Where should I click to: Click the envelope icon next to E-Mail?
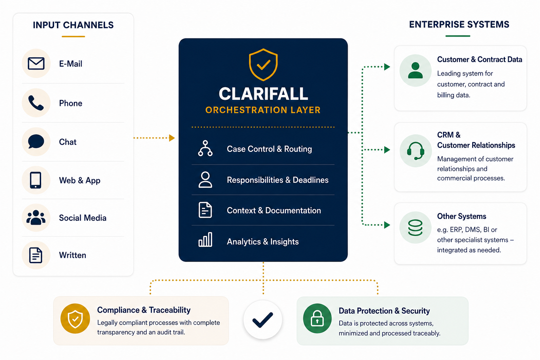(36, 63)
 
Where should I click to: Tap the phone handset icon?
(36, 103)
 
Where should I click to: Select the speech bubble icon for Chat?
(36, 141)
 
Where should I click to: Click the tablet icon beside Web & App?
(36, 180)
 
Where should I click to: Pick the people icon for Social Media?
(36, 218)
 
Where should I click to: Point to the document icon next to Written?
(36, 255)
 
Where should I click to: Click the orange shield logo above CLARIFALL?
(263, 65)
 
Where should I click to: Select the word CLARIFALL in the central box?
(263, 94)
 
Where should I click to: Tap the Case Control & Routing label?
(269, 149)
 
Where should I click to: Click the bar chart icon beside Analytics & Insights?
(205, 239)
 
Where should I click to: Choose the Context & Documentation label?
(274, 211)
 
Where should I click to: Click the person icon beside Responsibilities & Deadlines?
(205, 180)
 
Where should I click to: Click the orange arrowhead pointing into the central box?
(172, 138)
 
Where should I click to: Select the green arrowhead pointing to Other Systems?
(387, 225)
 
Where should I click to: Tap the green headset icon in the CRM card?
(415, 151)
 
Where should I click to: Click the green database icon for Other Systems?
(415, 227)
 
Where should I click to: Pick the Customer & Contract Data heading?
(480, 59)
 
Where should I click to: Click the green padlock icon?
(317, 318)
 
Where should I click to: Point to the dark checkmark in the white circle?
(263, 320)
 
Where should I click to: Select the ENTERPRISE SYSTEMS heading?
(459, 25)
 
